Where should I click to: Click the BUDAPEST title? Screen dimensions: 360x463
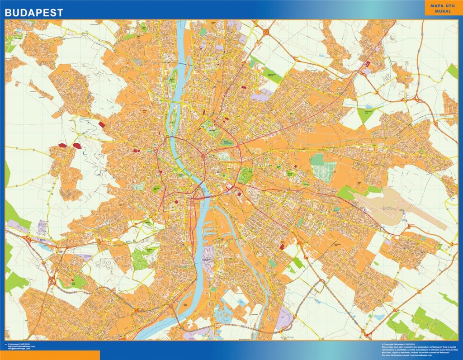[34, 13]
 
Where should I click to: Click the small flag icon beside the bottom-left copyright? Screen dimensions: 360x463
[5, 344]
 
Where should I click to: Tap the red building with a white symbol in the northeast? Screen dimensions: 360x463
[366, 64]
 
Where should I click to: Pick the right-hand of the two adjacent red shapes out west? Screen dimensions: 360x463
[77, 146]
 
